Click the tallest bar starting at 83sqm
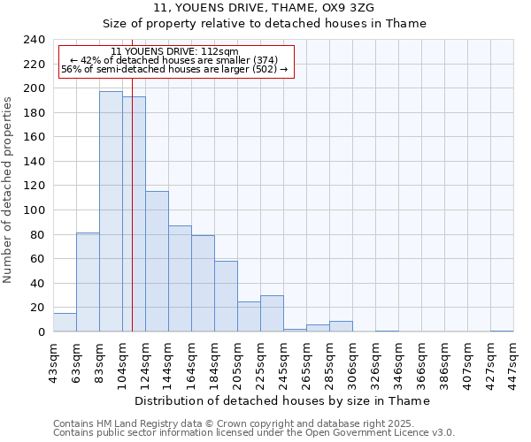(x=111, y=212)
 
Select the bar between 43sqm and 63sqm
(x=65, y=323)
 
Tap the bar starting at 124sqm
(x=157, y=262)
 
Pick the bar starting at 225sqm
(x=272, y=314)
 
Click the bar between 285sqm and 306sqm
(x=341, y=326)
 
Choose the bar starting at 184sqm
(x=226, y=296)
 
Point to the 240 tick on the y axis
(x=33, y=40)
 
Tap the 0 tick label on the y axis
(x=41, y=332)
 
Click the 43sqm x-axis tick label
(x=53, y=361)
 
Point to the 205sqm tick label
(x=237, y=362)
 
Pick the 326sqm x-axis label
(x=375, y=362)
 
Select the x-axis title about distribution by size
(x=283, y=400)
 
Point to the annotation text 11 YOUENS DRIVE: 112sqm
(x=174, y=51)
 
